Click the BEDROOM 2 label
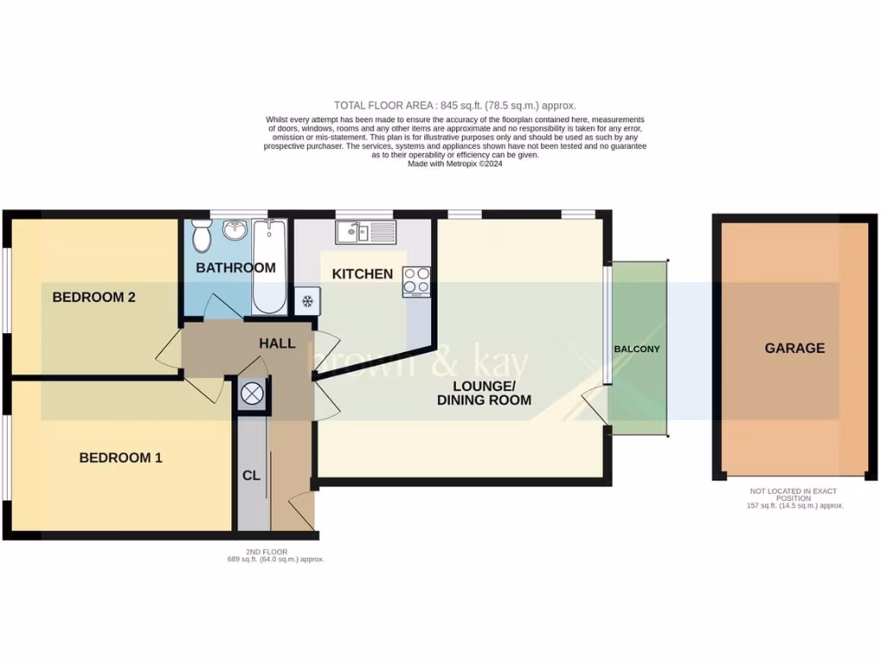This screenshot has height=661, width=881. [94, 298]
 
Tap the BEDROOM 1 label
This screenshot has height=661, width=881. [120, 458]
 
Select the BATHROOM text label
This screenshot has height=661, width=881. [236, 268]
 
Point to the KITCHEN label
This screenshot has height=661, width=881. [362, 275]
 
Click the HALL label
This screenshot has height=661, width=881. [277, 343]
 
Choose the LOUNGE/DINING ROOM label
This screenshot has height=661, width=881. [484, 392]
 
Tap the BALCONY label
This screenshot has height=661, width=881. [637, 349]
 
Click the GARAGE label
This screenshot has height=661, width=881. [794, 349]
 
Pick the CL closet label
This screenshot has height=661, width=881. [251, 475]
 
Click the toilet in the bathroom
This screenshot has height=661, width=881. [202, 234]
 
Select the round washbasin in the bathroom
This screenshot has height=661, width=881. [233, 231]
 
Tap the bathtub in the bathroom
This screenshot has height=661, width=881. [270, 267]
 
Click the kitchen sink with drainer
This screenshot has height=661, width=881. [366, 232]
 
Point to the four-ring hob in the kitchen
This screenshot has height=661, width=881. [416, 281]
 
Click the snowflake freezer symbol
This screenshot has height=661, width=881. [306, 300]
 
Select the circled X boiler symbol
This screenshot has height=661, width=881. [252, 394]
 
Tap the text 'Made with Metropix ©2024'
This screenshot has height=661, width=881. [454, 164]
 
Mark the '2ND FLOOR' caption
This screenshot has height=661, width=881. [266, 552]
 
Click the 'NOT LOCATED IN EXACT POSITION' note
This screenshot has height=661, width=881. [793, 494]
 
